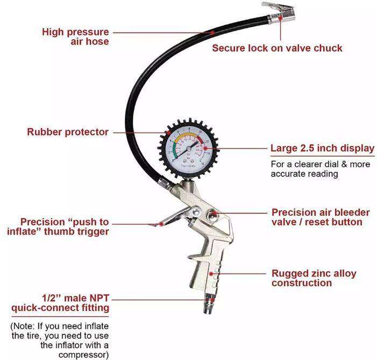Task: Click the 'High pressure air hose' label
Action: click(x=75, y=37)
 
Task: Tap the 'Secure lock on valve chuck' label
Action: click(x=277, y=48)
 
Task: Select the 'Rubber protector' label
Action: click(x=68, y=132)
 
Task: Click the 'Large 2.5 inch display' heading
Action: click(x=322, y=149)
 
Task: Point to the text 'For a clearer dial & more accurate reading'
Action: click(x=320, y=168)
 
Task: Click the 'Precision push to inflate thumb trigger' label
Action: click(x=65, y=227)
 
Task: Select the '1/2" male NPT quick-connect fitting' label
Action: click(x=60, y=302)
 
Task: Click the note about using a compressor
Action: click(x=60, y=340)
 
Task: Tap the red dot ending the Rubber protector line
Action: click(x=168, y=132)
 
